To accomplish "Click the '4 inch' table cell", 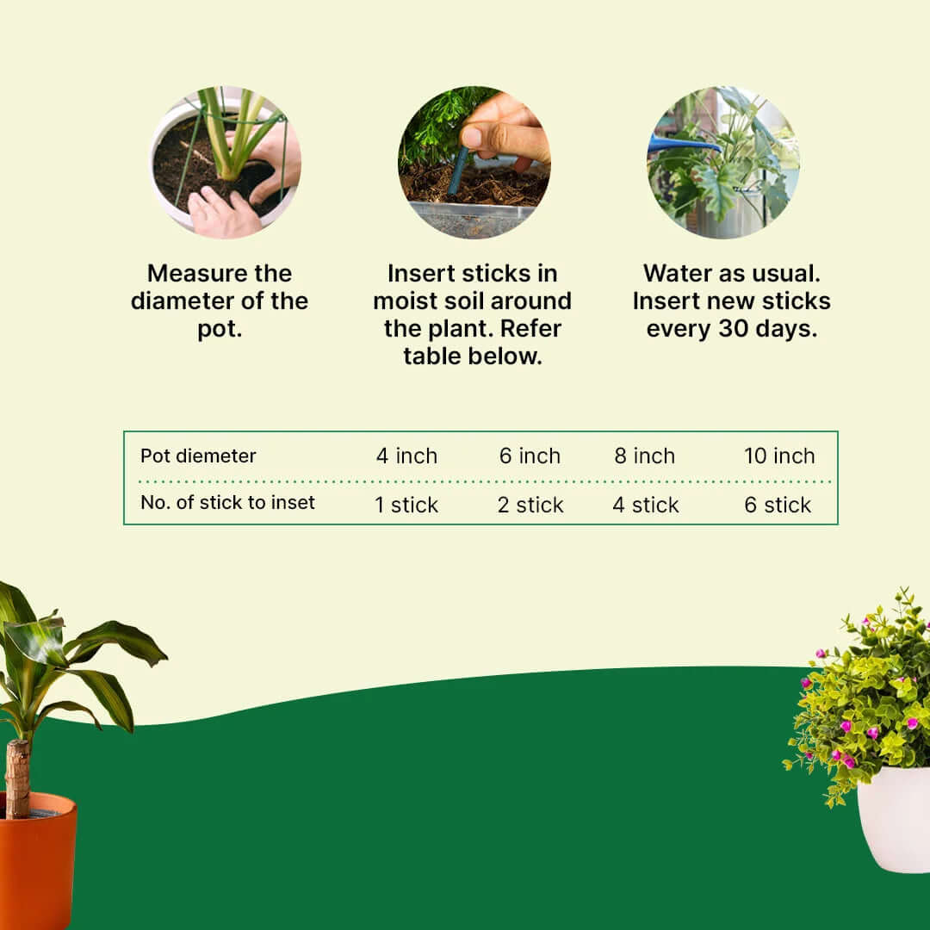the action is (x=406, y=456).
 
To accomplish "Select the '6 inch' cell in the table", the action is (x=530, y=456).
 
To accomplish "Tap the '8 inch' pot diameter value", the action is (x=645, y=456).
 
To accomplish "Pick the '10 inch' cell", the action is (x=779, y=456).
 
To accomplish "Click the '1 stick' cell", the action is (x=406, y=505).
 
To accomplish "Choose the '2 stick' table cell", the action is (x=530, y=505).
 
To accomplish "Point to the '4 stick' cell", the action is (x=645, y=505).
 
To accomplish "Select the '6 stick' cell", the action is (x=778, y=505).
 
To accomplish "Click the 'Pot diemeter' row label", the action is (x=198, y=456).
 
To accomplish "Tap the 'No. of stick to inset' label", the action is (x=227, y=502).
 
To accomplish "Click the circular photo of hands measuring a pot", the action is (x=225, y=163).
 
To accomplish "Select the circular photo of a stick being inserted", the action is (x=474, y=163).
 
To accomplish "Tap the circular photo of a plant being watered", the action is (x=723, y=163).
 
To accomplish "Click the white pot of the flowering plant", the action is (x=894, y=820).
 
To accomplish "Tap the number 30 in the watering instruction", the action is (x=733, y=329).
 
